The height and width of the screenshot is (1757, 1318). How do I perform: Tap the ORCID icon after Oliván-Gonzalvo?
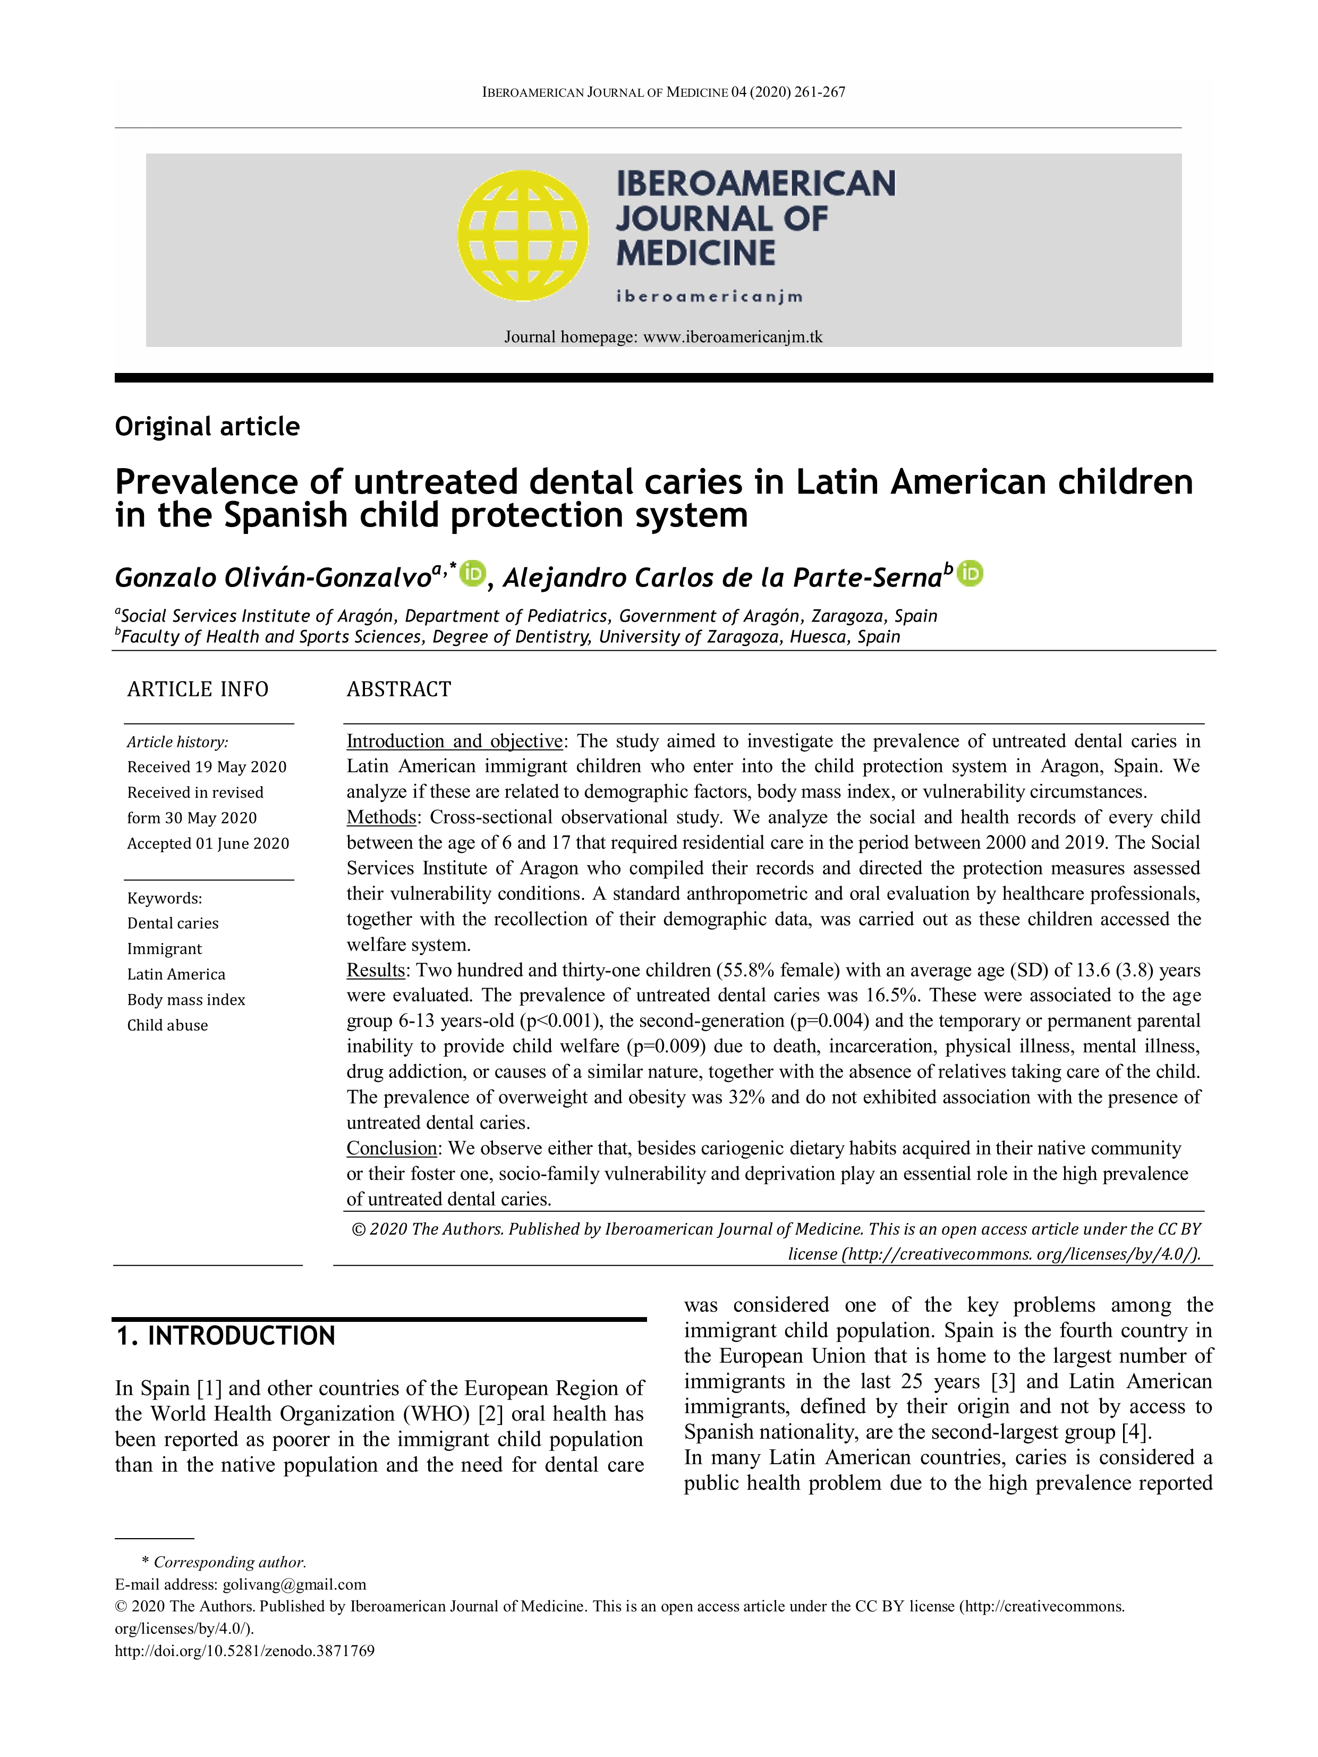473,573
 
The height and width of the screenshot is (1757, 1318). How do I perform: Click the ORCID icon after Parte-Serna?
970,573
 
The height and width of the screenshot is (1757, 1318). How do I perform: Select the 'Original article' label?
207,427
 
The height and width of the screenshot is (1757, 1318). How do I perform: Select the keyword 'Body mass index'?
186,999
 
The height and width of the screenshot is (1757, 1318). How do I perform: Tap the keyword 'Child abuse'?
167,1025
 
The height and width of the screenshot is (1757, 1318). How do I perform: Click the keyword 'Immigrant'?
164,948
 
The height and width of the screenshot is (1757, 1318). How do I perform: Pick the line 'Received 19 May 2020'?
207,767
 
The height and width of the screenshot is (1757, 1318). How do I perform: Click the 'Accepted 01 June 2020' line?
208,843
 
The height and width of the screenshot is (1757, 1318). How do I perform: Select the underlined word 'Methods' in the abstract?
381,817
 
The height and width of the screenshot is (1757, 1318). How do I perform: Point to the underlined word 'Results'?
376,970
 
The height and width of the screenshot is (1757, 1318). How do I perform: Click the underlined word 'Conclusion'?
392,1148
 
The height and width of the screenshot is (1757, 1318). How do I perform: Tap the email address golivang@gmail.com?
294,1584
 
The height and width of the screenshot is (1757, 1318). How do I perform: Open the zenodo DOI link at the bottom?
244,1651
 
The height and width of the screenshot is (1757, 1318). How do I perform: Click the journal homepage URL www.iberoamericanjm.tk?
732,337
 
